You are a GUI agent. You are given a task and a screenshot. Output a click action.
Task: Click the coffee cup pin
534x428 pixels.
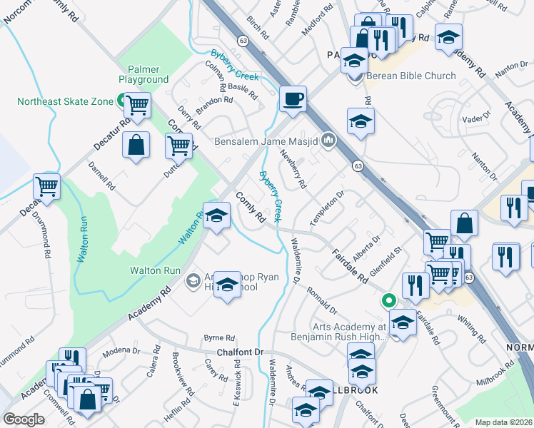click(293, 99)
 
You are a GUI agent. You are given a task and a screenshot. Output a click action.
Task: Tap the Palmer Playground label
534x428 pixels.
click(143, 73)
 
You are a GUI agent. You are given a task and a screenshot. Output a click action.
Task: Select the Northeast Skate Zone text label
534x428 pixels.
click(65, 101)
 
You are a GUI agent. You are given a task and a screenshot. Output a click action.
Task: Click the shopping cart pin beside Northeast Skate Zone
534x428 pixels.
click(137, 106)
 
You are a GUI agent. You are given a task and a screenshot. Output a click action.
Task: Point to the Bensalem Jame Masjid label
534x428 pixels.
click(266, 141)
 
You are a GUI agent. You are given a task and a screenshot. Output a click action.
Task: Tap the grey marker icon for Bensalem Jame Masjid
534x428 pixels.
click(328, 140)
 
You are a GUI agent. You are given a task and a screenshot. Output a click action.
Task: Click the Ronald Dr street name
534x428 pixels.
click(322, 300)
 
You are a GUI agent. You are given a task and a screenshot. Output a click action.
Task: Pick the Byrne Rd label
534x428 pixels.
click(219, 337)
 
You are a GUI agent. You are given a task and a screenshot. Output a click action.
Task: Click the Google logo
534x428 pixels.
click(24, 419)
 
